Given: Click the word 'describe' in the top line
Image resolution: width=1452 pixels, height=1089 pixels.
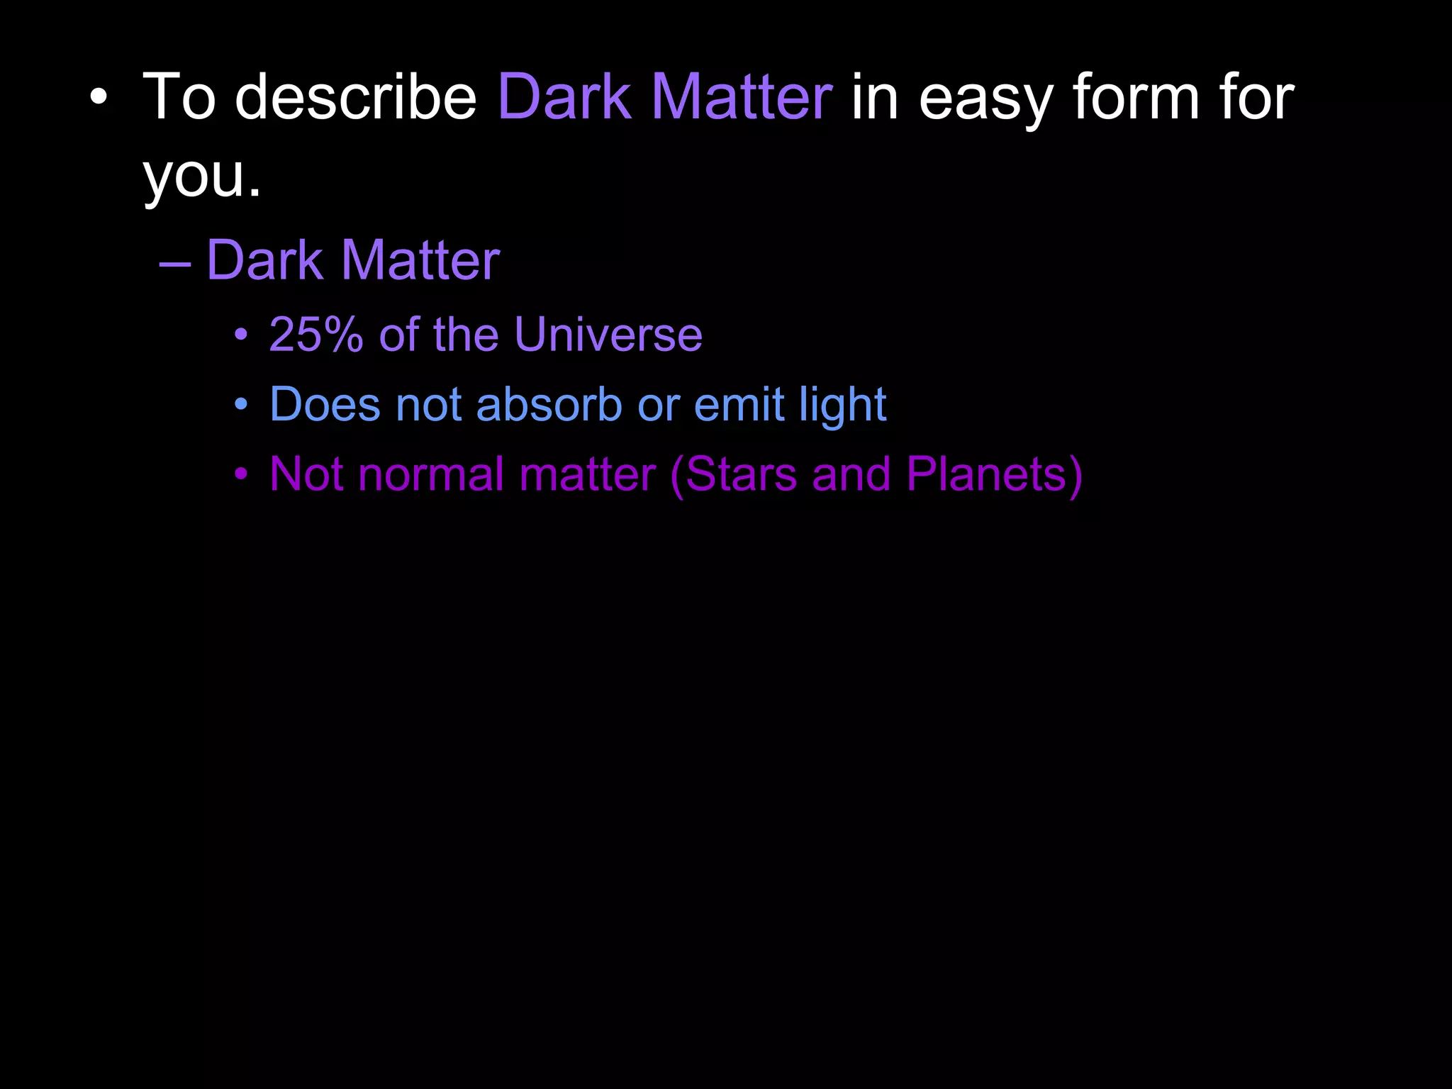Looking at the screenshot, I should (356, 97).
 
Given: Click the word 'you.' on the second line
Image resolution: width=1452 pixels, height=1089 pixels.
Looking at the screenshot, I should (202, 177).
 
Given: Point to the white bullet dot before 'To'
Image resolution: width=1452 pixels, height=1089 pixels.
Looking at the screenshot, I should (99, 98).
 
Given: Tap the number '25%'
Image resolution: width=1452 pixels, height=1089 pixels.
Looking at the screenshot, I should (316, 334).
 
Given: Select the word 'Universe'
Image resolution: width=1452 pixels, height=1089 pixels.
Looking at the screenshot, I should (608, 334).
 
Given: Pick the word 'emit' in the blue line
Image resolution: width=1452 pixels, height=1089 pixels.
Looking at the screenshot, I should (738, 404).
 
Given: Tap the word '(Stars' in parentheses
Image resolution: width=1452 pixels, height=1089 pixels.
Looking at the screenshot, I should (733, 474).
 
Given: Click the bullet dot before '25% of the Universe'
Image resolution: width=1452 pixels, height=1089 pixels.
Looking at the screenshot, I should (242, 335).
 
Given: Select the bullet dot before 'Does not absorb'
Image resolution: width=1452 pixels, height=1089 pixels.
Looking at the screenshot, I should (242, 405).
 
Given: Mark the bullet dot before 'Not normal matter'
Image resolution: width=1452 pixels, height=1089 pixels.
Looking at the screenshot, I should (242, 474).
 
